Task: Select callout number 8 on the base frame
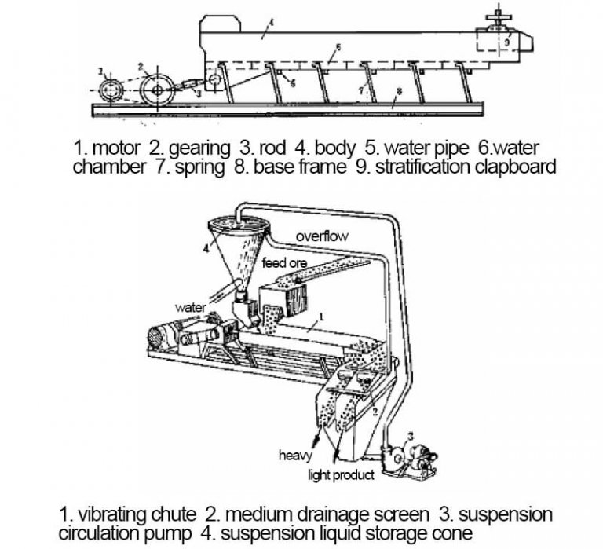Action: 399,93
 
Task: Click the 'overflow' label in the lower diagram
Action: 322,236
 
